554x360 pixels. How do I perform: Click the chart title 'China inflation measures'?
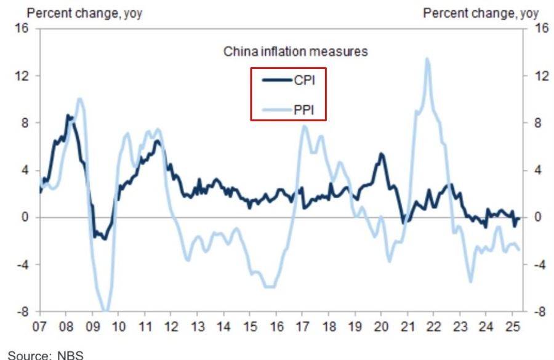click(295, 52)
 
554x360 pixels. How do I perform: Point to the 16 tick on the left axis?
click(25, 29)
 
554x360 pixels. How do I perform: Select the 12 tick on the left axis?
click(25, 76)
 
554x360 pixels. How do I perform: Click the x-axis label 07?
click(40, 327)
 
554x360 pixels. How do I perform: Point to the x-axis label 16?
click(276, 327)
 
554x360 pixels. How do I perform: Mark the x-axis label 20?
click(381, 327)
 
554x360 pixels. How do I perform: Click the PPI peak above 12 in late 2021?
click(427, 59)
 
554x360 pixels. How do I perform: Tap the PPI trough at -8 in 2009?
click(105, 311)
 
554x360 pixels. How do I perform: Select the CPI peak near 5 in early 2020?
click(382, 154)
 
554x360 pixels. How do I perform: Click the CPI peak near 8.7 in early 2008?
click(68, 116)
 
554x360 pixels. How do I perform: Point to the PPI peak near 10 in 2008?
click(79, 99)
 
